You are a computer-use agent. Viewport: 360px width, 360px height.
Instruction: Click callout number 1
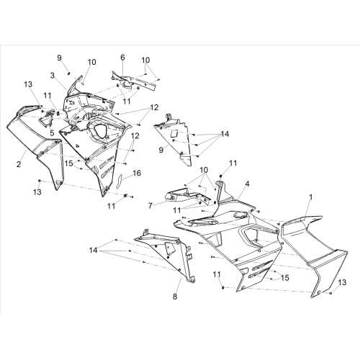(310, 197)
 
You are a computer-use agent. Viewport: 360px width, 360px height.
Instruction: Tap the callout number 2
(19, 164)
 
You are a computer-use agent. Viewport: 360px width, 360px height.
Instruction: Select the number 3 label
(53, 76)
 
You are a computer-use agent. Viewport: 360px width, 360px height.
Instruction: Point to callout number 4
(247, 184)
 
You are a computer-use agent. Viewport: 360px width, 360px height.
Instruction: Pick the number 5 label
(52, 133)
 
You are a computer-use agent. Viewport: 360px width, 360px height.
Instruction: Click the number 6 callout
(122, 58)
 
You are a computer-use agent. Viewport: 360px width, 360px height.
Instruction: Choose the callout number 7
(150, 206)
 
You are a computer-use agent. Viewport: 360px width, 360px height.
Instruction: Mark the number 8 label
(175, 296)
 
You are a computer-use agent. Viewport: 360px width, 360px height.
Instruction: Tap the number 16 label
(137, 173)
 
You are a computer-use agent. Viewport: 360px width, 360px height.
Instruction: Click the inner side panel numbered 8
(168, 254)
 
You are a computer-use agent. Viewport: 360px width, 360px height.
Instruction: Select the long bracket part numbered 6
(135, 81)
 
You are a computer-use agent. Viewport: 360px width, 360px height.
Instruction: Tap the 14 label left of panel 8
(94, 251)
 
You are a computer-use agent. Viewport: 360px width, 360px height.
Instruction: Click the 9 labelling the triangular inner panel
(161, 150)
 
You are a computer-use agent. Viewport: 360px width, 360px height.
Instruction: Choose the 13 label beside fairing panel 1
(342, 282)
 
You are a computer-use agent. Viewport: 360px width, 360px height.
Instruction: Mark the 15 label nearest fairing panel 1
(285, 278)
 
